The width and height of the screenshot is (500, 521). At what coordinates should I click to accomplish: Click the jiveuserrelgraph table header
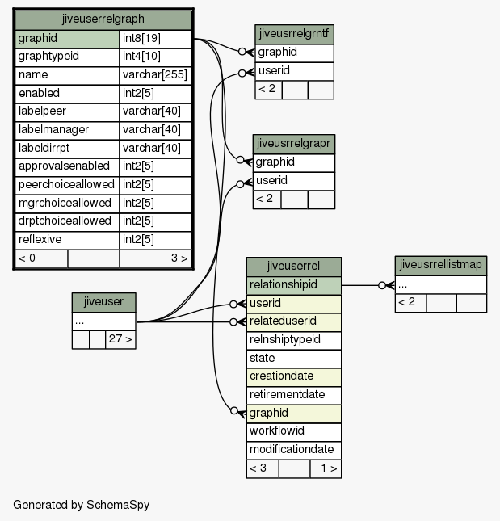103,19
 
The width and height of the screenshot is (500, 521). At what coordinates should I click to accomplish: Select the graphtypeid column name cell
67,57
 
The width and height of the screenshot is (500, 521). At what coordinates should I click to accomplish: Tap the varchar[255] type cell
155,75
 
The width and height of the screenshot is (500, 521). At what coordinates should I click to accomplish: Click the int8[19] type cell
155,39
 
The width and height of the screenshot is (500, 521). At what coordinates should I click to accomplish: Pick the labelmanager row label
67,130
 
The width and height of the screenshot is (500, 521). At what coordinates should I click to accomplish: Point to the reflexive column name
67,240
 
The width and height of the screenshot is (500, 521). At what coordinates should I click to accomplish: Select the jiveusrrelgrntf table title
294,34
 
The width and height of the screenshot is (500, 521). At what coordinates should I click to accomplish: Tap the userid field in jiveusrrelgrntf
294,71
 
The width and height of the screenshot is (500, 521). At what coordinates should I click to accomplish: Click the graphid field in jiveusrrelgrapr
294,163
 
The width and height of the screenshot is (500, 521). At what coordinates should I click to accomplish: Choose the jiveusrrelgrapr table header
294,144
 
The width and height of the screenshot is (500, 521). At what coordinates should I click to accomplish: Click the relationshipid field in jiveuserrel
294,285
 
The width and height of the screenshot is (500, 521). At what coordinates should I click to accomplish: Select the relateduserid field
294,322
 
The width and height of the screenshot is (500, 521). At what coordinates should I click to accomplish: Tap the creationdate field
294,376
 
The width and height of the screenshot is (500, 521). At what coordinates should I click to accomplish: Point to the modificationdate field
294,451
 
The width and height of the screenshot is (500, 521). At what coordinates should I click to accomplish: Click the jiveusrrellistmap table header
441,266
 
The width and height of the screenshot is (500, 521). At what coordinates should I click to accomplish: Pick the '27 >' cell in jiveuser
120,339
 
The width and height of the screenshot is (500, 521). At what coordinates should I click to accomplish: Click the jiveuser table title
103,302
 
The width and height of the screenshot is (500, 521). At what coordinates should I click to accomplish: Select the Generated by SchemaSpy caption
82,505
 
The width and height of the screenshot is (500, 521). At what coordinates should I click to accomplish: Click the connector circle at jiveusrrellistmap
382,285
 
